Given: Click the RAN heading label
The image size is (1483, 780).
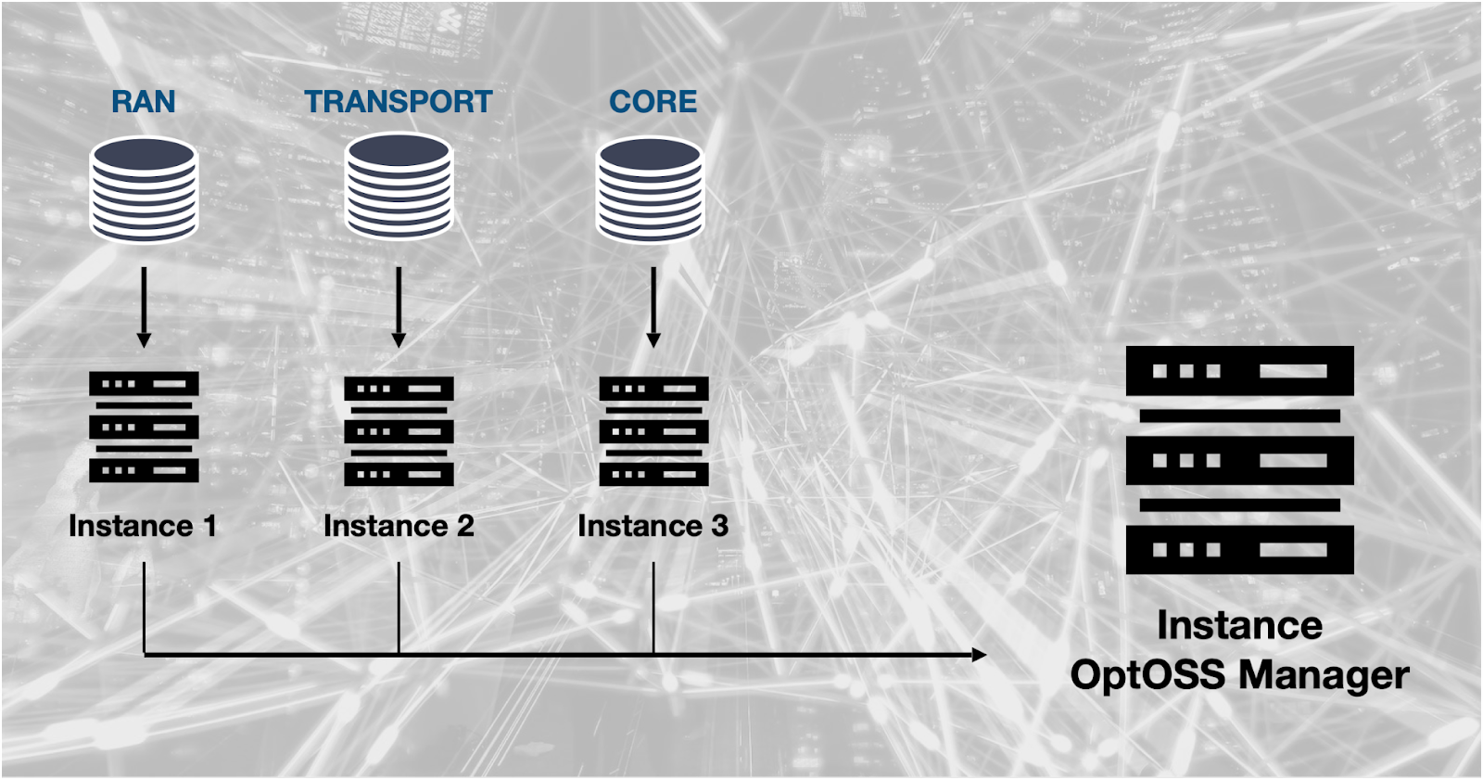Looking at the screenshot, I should pos(143,101).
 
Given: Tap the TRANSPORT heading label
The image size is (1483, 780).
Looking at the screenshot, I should pos(399,101).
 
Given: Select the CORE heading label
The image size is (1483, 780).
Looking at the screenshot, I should pos(653,101).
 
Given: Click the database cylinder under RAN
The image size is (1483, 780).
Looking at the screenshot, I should pos(144,189).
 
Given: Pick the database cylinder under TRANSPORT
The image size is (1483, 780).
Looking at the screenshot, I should pos(399,186).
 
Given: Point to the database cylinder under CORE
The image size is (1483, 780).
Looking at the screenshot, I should pos(649,189).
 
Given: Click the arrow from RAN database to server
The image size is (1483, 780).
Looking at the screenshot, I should pos(144,307).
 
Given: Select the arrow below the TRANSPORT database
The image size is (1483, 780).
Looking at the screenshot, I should pos(399,307).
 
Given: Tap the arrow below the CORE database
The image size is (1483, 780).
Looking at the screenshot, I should pos(653,307).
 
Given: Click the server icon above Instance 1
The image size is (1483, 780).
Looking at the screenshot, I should pos(144,427).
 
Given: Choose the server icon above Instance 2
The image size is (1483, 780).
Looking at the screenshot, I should pos(399,430).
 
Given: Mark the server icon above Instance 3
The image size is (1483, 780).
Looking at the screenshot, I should pos(653,430).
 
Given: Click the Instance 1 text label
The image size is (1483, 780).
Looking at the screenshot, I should pos(142,526).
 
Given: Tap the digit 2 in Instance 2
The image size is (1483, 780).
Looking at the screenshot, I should pos(464,526).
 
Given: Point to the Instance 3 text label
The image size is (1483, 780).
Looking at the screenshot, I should pos(653,526).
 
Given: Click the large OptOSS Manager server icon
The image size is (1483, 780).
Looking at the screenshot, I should pos(1239,460).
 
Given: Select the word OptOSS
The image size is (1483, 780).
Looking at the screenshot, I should pos(1147,674).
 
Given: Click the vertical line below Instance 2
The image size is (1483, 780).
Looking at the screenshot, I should pos(399,607).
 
